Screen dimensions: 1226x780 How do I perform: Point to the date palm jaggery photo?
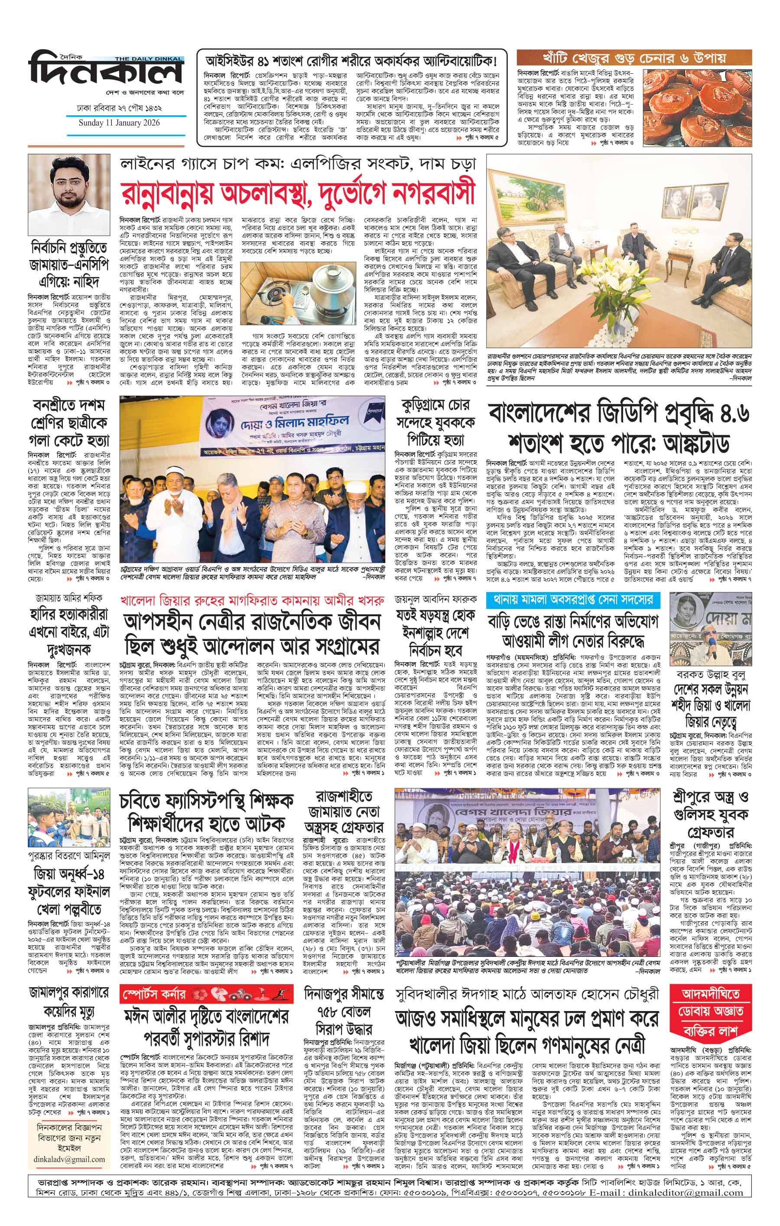(695, 104)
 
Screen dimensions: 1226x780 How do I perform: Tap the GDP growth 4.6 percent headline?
(618, 429)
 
